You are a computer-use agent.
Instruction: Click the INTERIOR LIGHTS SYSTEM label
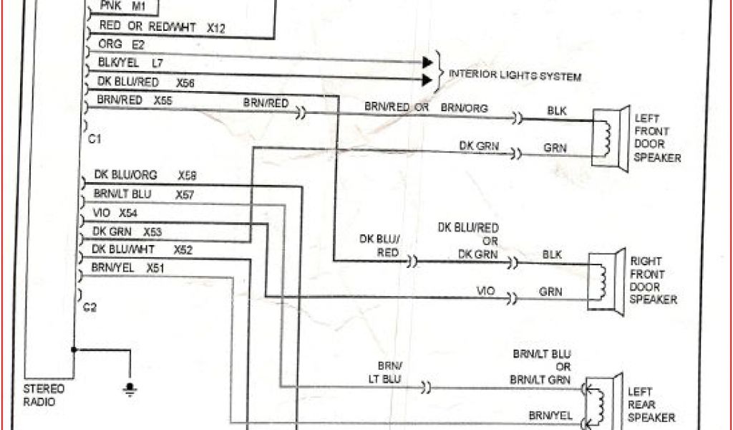coord(514,75)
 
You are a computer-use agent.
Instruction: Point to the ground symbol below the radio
coord(130,390)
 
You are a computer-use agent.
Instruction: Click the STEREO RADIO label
coord(45,395)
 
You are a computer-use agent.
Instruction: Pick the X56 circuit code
coord(185,83)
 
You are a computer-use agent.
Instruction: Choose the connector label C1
coord(94,139)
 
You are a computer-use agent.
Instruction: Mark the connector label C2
coord(89,307)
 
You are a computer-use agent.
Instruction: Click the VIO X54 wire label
coord(116,213)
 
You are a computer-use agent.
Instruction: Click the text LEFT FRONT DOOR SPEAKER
coord(657,138)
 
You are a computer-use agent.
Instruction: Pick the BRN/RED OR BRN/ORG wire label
coord(426,107)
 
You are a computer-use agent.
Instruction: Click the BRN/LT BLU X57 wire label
coord(144,194)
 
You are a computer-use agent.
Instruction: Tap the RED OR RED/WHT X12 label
coord(162,27)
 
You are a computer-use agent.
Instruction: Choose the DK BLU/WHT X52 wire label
coord(142,250)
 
